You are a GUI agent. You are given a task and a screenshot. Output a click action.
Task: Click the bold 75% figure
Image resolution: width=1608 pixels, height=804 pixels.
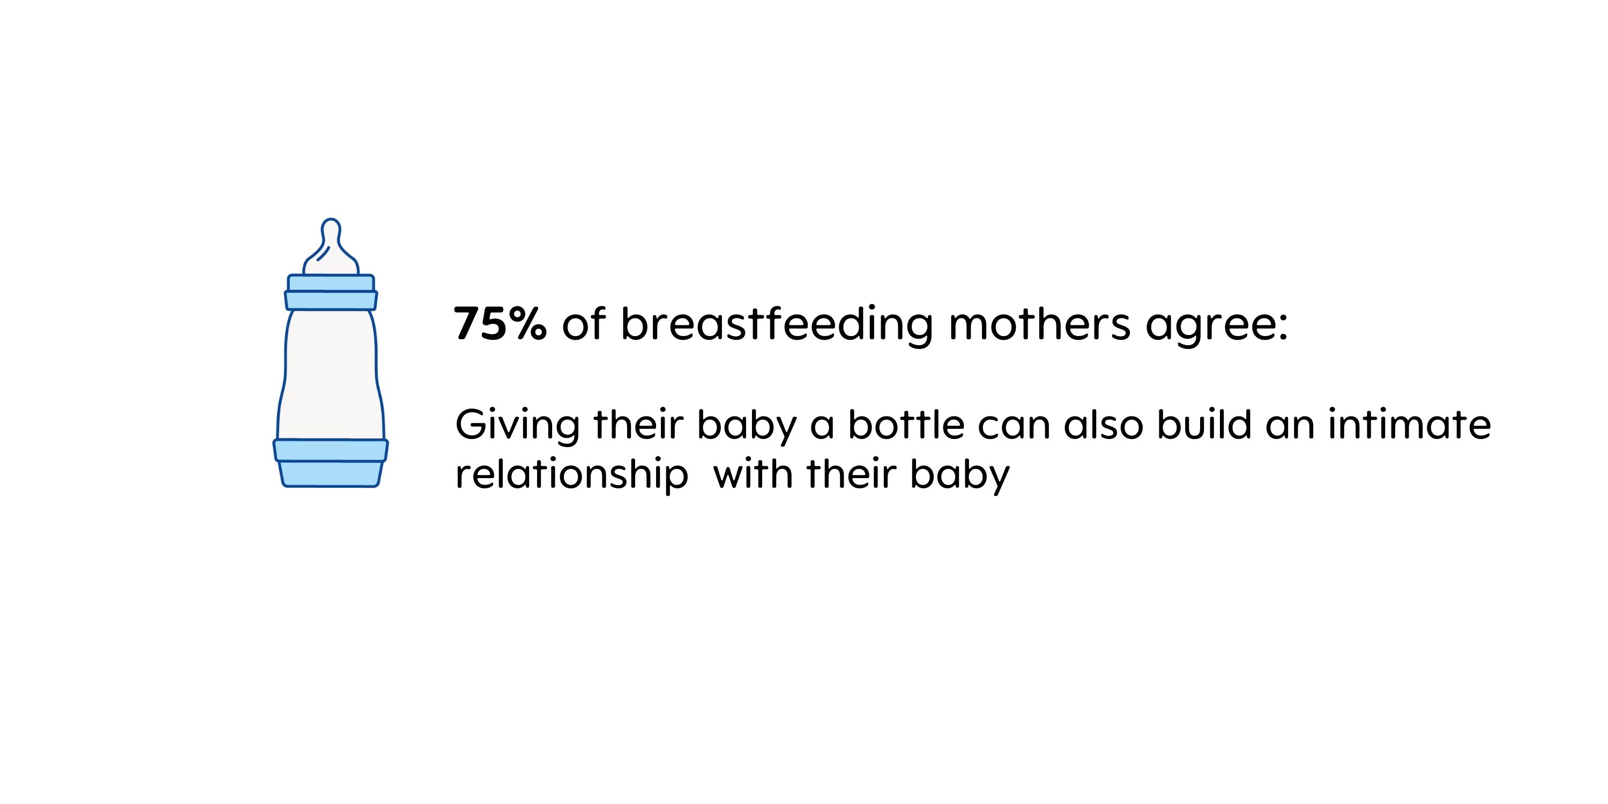click(500, 324)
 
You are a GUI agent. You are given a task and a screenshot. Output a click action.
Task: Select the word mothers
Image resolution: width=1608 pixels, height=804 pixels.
click(1039, 323)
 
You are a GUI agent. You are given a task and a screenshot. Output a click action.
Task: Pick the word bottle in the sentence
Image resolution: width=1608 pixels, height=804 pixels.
click(906, 425)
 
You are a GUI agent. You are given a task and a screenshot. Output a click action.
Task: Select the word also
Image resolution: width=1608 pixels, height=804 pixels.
click(1104, 425)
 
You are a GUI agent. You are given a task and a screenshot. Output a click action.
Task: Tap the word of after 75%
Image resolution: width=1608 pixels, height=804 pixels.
click(584, 323)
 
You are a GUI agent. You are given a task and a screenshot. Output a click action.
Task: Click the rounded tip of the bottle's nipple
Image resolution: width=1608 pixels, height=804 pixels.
click(331, 220)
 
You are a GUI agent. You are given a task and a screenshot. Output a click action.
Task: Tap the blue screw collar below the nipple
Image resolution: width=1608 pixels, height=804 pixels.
click(331, 292)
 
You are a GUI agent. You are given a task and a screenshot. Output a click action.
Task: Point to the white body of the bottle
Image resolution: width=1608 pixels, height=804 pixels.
click(331, 375)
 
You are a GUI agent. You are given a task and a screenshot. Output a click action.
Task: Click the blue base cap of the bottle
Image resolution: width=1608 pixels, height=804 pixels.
click(331, 463)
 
